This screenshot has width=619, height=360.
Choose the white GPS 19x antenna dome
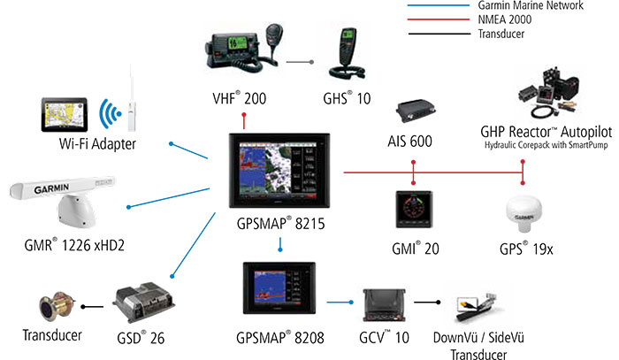coord(524,213)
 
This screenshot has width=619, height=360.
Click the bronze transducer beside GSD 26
coord(50,308)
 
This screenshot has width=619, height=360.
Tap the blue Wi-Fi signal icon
coord(111,113)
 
